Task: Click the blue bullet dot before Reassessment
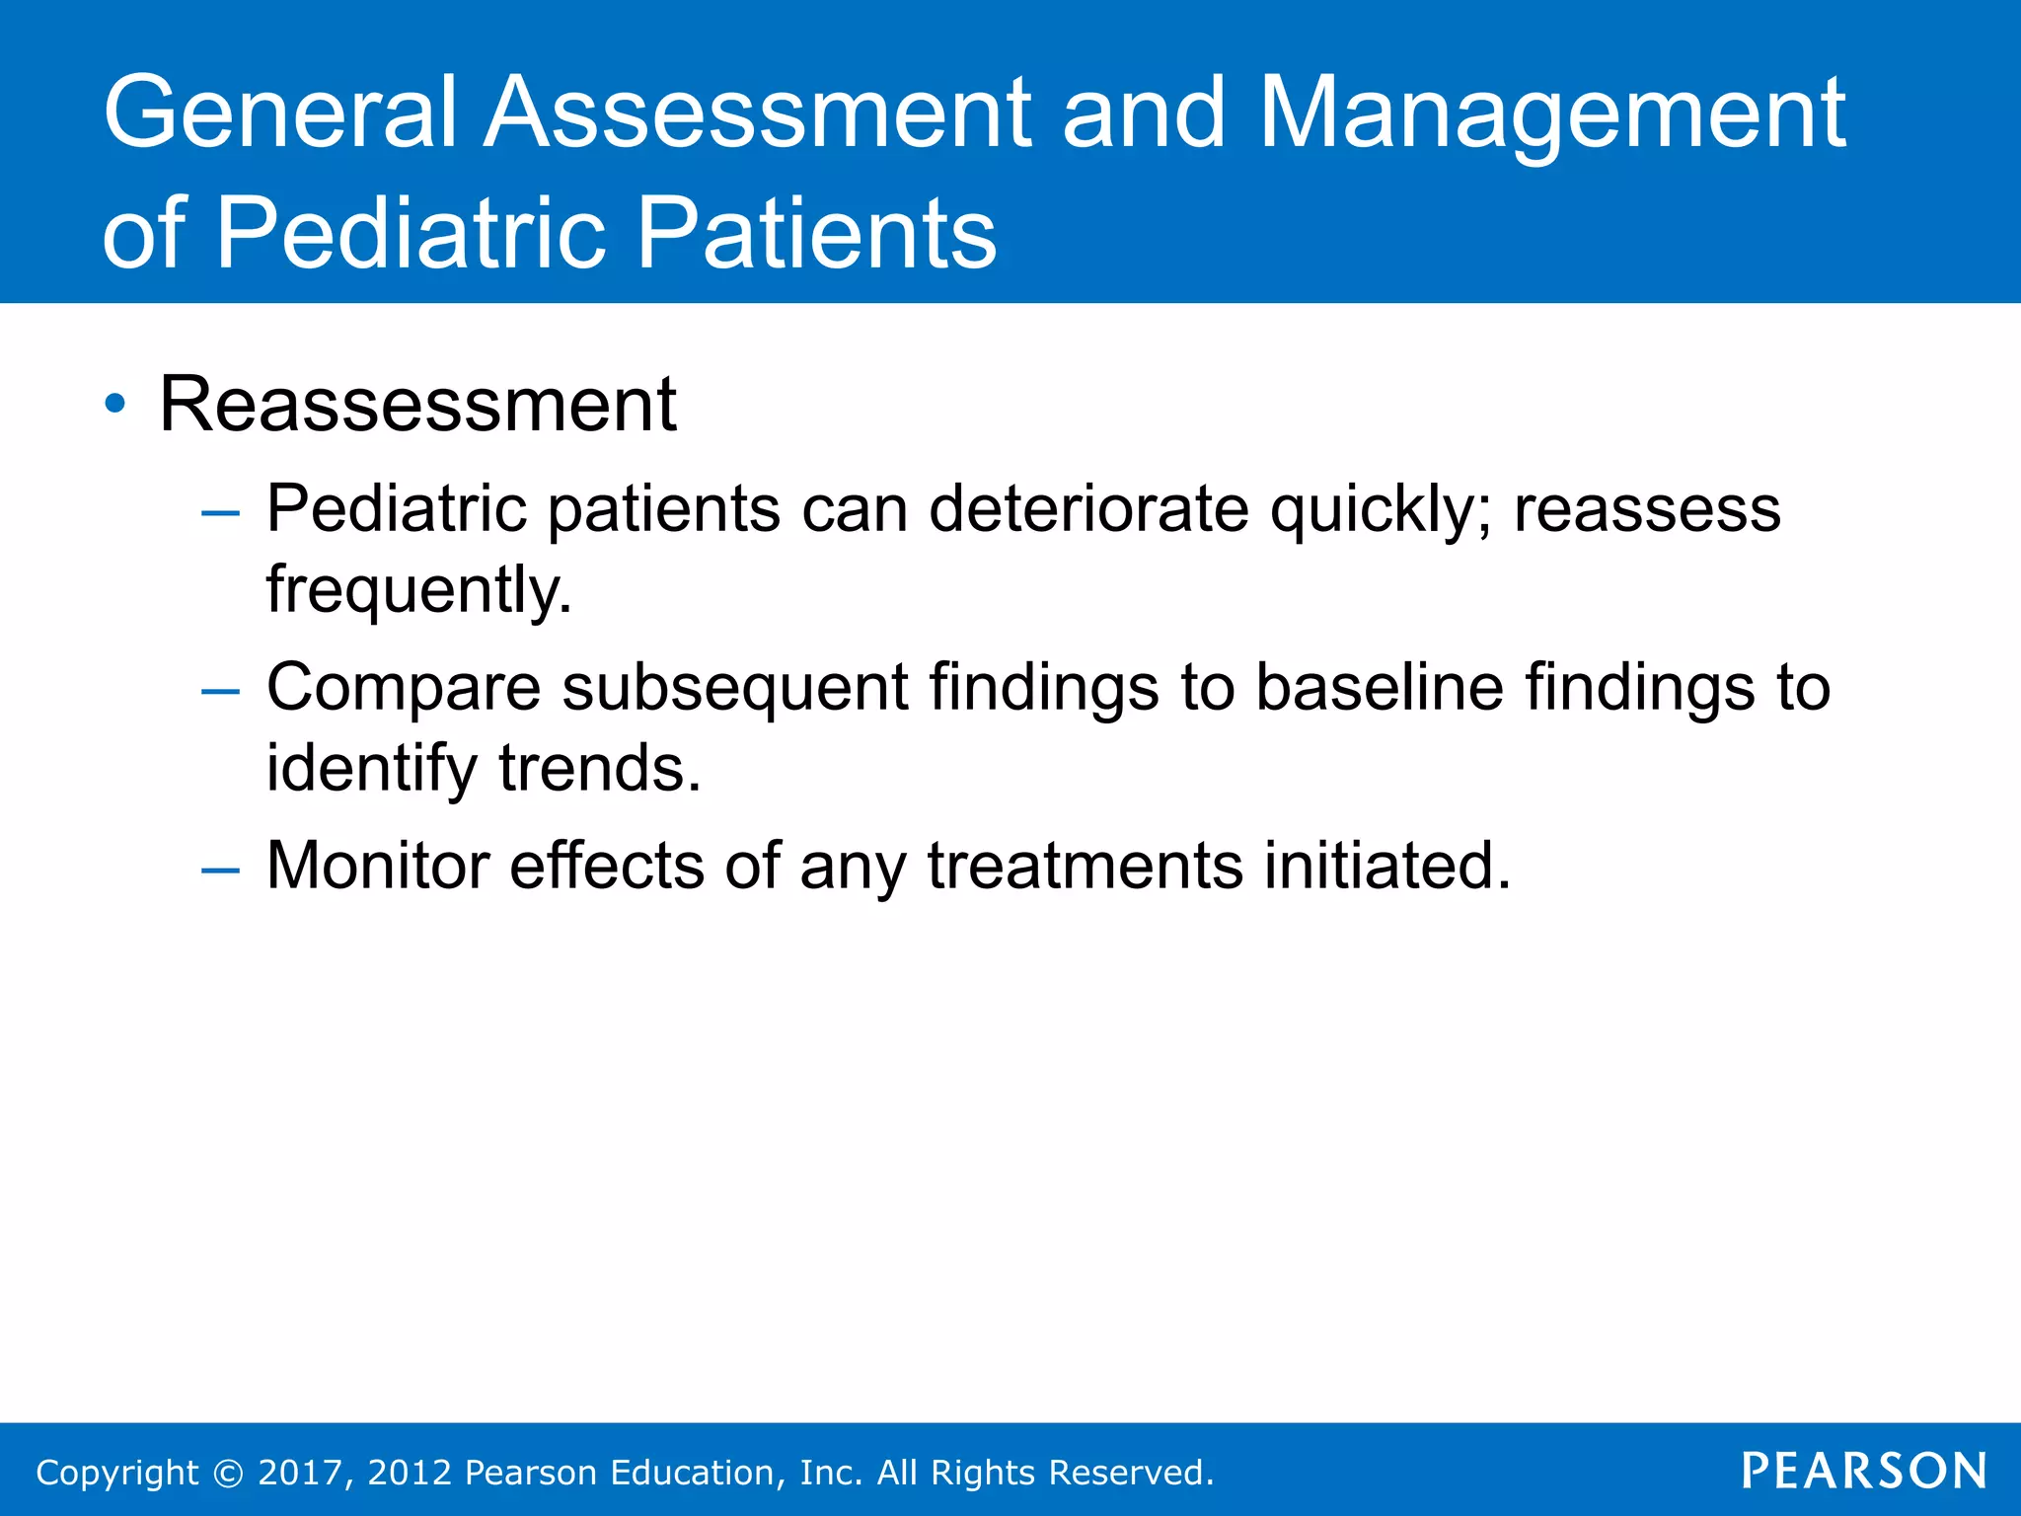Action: pos(115,404)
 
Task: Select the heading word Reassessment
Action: pos(417,405)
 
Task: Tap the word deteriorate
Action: pos(1088,509)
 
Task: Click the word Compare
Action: pos(404,689)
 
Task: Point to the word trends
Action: pos(599,768)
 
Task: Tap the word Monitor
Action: pos(378,866)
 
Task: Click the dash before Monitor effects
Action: pos(219,870)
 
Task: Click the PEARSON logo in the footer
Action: pos(1863,1471)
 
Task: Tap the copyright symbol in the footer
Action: pos(228,1473)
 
